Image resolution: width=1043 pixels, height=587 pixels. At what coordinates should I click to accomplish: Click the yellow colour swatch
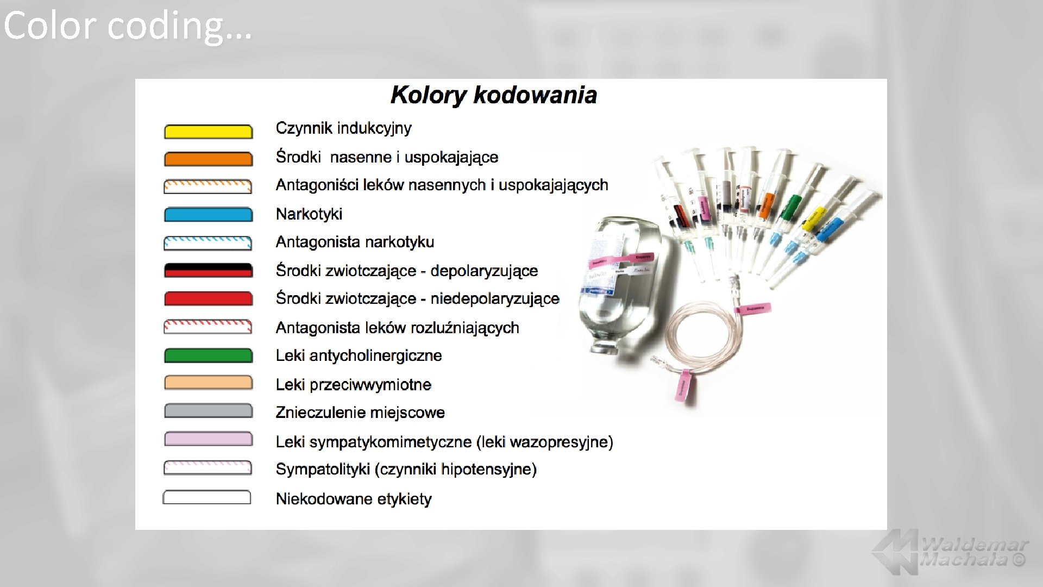208,132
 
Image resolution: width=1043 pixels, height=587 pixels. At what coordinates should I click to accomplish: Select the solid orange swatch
208,159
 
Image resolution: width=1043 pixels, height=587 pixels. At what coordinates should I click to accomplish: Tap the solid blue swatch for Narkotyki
208,215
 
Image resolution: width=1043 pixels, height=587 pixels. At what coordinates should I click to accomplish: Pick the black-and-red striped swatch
208,270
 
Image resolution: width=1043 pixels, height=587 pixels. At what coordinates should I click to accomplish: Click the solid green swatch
208,355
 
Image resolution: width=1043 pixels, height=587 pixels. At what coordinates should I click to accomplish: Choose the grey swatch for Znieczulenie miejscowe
208,411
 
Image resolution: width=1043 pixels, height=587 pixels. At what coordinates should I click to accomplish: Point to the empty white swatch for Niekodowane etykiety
207,497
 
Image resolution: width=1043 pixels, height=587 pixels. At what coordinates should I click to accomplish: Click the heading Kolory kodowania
493,95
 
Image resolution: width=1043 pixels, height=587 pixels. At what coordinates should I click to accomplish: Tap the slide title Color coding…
128,26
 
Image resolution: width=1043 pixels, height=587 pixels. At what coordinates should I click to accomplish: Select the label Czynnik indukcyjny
343,128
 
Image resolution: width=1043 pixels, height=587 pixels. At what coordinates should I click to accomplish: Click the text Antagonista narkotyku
355,242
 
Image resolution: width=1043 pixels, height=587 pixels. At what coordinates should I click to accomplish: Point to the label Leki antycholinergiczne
359,355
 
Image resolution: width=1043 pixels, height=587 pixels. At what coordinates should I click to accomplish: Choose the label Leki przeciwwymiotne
353,385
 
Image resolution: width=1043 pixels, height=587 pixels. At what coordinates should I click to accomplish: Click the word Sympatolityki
323,469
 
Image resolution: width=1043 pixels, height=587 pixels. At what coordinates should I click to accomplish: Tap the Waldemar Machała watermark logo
951,552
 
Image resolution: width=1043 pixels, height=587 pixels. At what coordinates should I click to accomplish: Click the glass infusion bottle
625,283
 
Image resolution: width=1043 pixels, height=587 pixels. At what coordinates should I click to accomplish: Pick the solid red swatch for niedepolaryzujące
208,298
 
